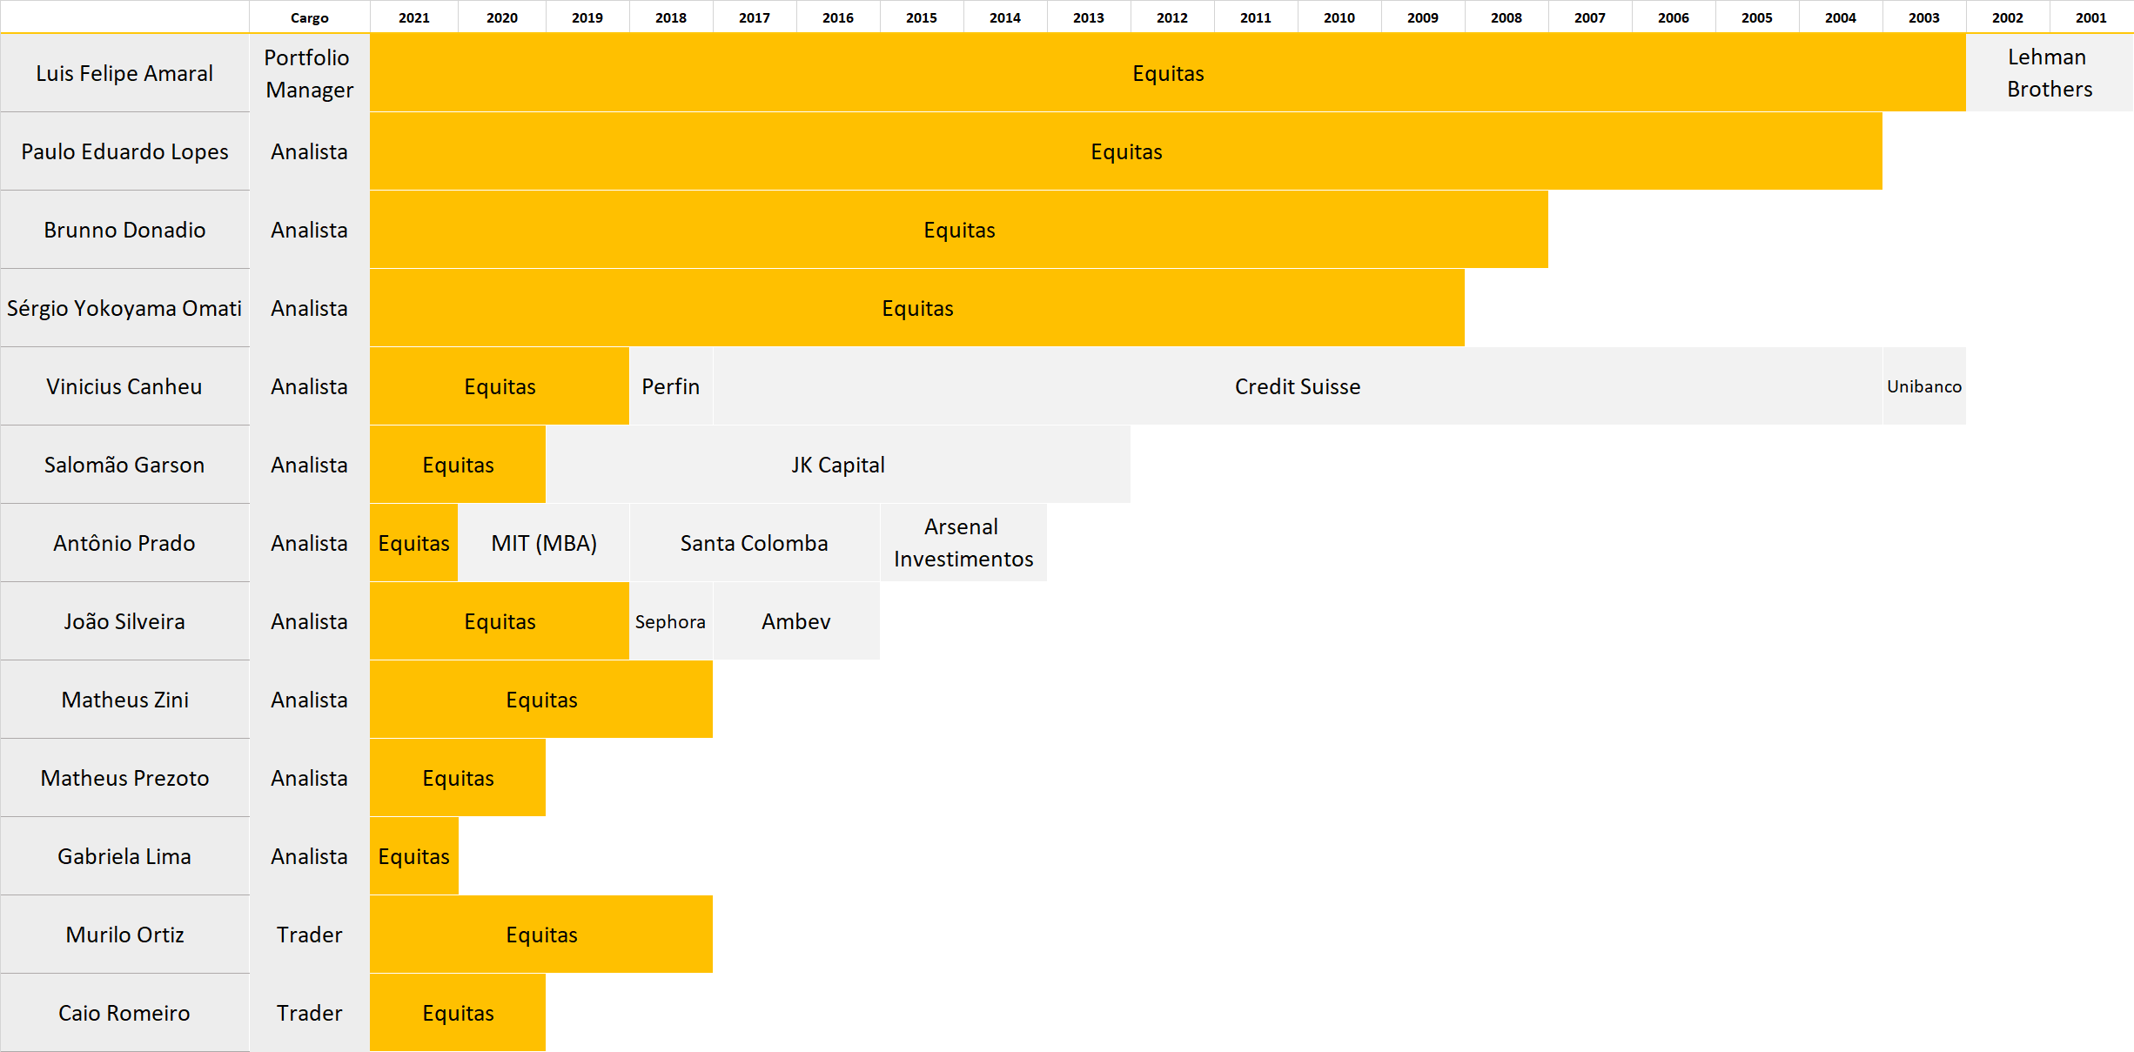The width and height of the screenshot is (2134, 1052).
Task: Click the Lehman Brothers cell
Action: [2049, 73]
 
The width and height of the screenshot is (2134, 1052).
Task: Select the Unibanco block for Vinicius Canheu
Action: [1923, 386]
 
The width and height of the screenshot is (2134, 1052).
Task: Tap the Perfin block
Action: [670, 386]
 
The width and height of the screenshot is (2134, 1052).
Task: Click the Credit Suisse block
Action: [1297, 386]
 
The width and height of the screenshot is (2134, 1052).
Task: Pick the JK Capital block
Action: [837, 465]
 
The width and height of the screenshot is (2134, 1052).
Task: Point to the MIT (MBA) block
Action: [544, 543]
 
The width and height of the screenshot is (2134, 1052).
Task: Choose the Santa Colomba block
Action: [754, 543]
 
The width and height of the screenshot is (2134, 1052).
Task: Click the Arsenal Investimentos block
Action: [963, 543]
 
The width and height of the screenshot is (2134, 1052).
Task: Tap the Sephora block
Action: [670, 621]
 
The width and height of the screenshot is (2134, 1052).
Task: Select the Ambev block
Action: [795, 621]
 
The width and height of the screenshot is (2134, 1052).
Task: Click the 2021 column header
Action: [414, 17]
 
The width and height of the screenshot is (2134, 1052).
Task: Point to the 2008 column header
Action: [1506, 17]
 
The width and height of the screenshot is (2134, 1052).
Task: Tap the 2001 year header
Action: [2090, 17]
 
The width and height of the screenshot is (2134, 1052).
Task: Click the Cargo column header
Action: [310, 17]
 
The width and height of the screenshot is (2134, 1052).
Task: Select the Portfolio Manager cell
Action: [310, 73]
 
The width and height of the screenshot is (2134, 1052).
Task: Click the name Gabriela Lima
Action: [124, 856]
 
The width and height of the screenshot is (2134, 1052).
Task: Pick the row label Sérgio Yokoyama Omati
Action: [124, 308]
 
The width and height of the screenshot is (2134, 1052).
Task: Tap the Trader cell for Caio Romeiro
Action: [310, 1013]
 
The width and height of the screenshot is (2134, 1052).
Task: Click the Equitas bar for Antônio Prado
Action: [413, 543]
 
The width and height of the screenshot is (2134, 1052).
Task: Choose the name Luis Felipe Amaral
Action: [124, 73]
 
